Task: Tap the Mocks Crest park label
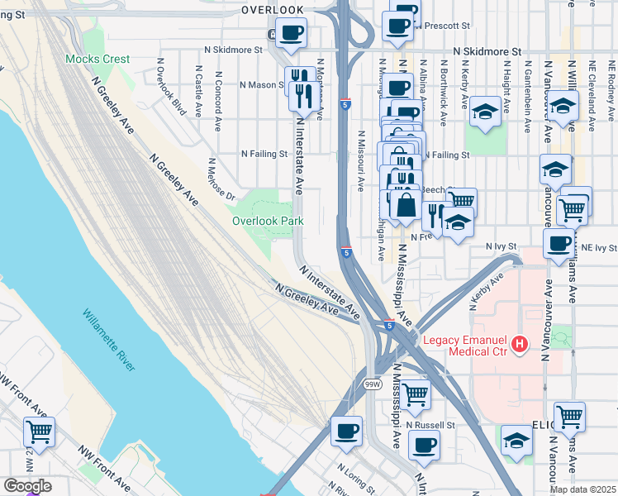tap(97, 60)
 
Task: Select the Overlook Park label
tap(268, 221)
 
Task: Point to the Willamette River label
tap(109, 340)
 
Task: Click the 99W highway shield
tap(373, 384)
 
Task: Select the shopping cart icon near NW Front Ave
tap(39, 430)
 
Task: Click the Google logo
tap(27, 486)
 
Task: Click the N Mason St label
tap(260, 84)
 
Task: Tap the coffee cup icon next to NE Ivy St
tap(559, 243)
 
